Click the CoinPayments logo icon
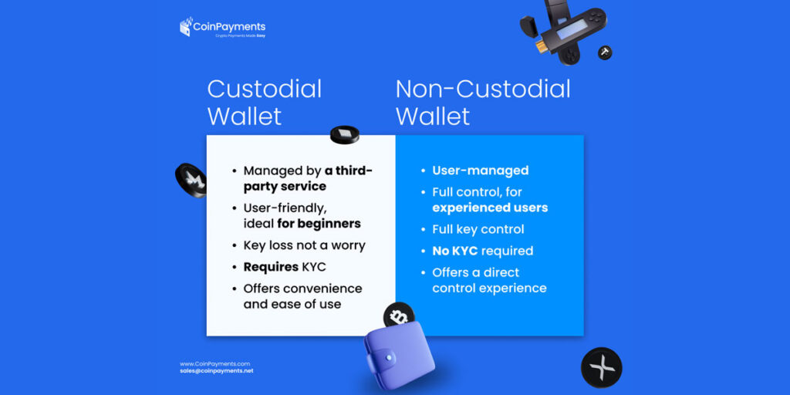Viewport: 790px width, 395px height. click(185, 28)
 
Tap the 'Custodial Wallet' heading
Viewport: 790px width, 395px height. click(264, 102)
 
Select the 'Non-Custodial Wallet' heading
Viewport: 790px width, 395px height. click(483, 102)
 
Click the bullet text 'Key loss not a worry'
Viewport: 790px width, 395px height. click(304, 245)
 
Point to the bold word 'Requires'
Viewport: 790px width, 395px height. click(271, 267)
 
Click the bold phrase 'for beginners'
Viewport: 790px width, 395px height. click(319, 224)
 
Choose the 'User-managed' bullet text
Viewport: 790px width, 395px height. click(480, 170)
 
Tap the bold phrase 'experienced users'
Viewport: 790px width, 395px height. click(490, 208)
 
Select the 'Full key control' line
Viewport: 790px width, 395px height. click(478, 229)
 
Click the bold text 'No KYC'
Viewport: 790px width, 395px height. click(454, 251)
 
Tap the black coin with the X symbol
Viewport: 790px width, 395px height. click(601, 367)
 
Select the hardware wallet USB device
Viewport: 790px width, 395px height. click(565, 29)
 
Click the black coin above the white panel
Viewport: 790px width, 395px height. click(344, 135)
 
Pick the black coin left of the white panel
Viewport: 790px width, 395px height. click(190, 180)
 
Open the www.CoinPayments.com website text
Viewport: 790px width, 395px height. click(214, 363)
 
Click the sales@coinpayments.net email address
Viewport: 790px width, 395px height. click(216, 371)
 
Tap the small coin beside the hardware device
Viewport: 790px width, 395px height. click(606, 52)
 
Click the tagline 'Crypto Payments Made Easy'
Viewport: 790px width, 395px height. click(240, 36)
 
